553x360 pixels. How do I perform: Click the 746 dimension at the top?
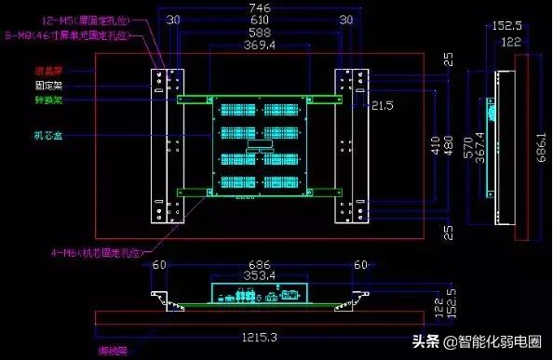pyautogui.click(x=261, y=7)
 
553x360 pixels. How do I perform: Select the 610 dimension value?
pyautogui.click(x=261, y=19)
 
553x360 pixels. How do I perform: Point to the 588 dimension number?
pyautogui.click(x=261, y=32)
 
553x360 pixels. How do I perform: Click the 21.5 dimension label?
pyautogui.click(x=383, y=107)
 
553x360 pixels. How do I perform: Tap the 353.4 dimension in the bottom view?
pyautogui.click(x=259, y=275)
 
